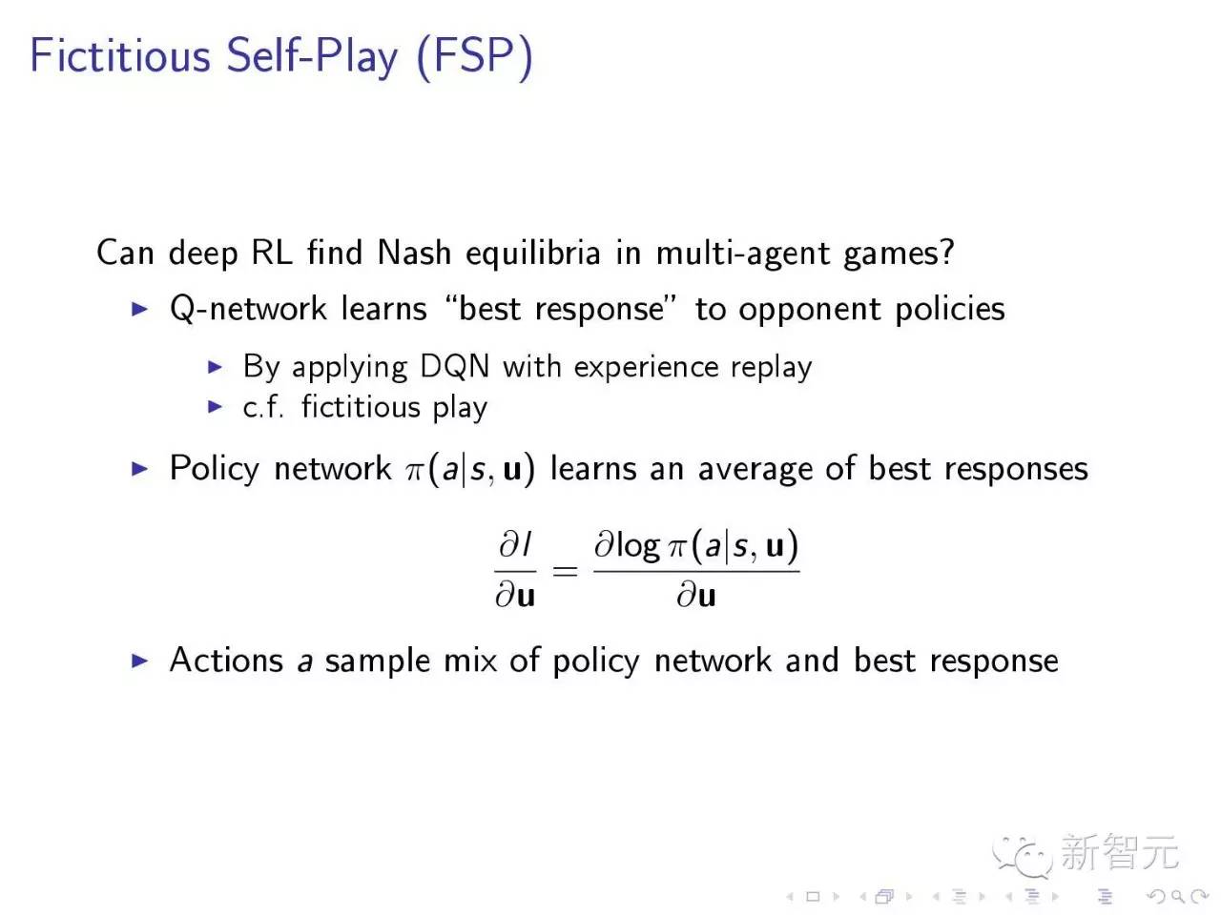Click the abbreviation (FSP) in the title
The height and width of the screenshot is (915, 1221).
[474, 55]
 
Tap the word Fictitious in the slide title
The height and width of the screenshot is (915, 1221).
[120, 55]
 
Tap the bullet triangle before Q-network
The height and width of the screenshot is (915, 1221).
[140, 309]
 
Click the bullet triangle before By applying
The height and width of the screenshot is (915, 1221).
[216, 366]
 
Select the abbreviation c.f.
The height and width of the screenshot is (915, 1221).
[263, 407]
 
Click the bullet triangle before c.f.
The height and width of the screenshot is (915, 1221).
[216, 407]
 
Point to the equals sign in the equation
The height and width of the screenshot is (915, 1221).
[565, 571]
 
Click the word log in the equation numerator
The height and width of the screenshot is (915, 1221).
[638, 545]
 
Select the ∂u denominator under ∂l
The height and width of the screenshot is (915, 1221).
[515, 596]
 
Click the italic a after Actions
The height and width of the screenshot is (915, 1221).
[304, 661]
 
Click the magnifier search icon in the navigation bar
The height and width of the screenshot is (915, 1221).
[1176, 896]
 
